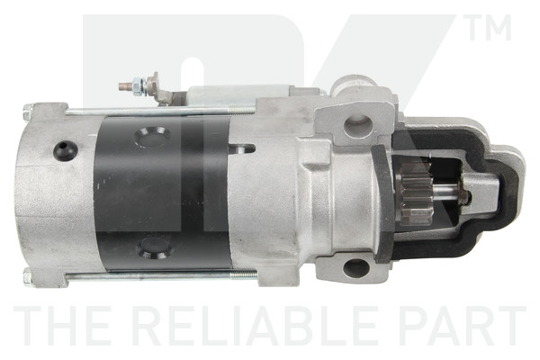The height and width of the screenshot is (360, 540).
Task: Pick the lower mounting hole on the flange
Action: coord(355,268)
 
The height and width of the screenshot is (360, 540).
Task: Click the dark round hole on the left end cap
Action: coord(64,151)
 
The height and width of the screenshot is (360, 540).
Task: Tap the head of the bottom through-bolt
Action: coord(28,275)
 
